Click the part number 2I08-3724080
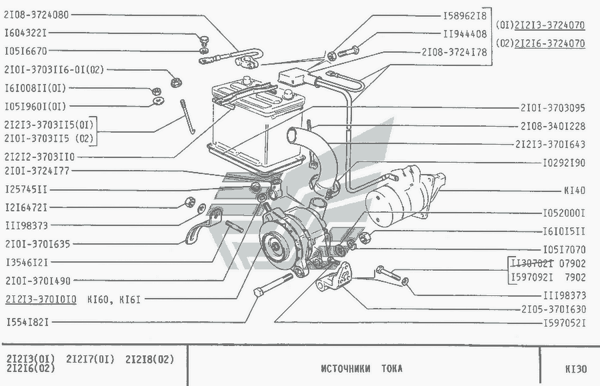click(37, 14)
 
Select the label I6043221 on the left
click(26, 32)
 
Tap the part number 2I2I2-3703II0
click(39, 157)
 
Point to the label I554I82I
click(26, 322)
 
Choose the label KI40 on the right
click(574, 191)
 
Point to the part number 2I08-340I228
click(553, 125)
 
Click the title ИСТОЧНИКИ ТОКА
click(361, 368)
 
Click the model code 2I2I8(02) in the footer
click(149, 359)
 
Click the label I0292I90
click(563, 162)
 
